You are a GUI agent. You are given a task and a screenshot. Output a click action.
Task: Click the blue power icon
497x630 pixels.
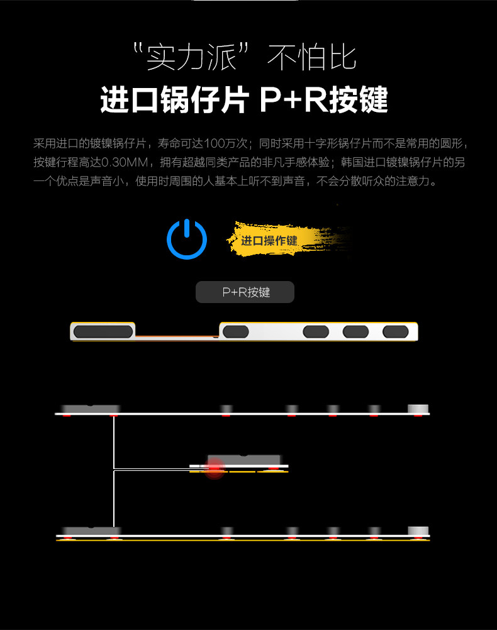point(187,239)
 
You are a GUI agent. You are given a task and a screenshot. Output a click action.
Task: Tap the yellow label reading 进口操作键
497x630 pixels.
point(269,241)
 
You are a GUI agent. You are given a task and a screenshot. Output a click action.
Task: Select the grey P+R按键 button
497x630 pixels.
point(245,292)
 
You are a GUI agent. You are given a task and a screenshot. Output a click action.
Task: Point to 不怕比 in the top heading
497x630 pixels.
point(312,57)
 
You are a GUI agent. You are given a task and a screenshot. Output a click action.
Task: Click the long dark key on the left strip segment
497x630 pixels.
point(103,331)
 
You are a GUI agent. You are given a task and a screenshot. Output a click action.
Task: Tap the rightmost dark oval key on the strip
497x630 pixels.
point(395,331)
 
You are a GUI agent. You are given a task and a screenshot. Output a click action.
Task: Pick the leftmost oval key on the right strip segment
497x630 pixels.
point(236,331)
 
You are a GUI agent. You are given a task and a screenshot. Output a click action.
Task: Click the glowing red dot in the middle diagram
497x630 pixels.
point(215,468)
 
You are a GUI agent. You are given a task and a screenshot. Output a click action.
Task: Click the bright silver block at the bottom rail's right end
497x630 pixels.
point(417,530)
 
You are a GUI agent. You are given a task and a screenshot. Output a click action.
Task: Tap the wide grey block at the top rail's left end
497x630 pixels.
point(91,408)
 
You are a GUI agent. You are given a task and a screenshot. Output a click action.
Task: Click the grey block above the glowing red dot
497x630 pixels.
point(244,459)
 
